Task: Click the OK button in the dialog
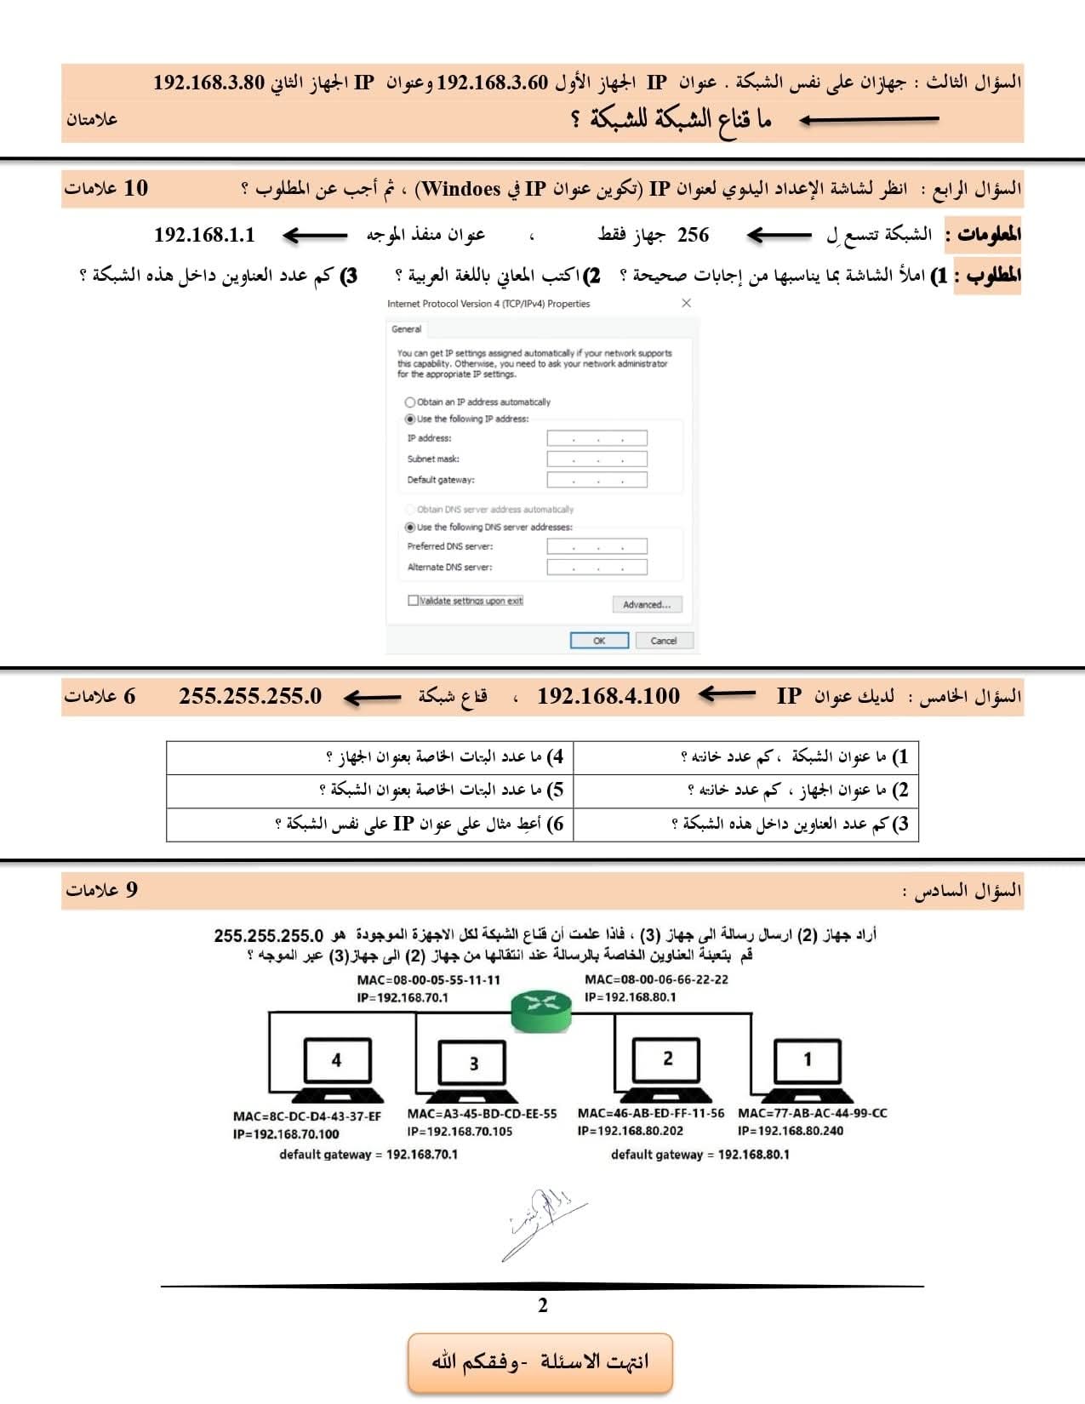[599, 641]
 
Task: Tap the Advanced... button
[647, 604]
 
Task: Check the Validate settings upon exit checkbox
[414, 601]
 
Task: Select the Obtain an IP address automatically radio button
[410, 402]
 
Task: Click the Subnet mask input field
[597, 459]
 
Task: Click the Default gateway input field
[597, 480]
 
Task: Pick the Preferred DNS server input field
[597, 547]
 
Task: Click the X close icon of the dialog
[686, 304]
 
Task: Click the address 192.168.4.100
[608, 697]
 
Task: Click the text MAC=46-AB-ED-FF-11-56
[651, 1113]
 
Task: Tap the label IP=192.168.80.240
[791, 1131]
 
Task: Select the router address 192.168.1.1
[204, 235]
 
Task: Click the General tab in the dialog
[406, 329]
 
